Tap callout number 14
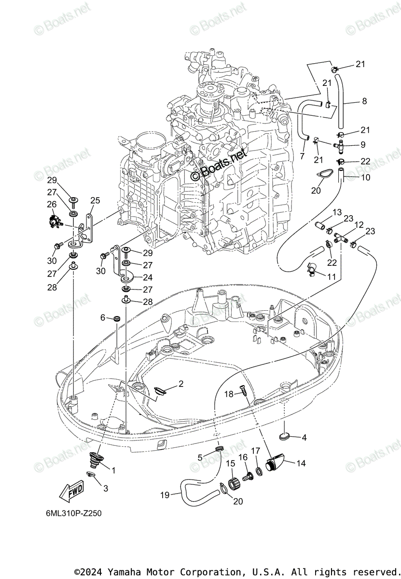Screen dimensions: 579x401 pos(301,463)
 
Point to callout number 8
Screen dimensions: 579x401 pos(364,101)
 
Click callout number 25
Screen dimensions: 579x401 pos(95,200)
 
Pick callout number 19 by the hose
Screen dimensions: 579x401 pos(165,495)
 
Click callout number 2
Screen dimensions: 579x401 pos(181,384)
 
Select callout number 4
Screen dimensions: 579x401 pos(304,438)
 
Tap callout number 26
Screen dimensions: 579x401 pos(52,204)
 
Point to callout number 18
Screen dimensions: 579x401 pos(229,394)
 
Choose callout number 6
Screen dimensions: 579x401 pos(103,317)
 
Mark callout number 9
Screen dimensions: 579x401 pos(362,144)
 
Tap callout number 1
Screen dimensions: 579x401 pos(114,469)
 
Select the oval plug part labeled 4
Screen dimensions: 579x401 pos(285,437)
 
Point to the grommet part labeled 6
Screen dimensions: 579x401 pos(116,319)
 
